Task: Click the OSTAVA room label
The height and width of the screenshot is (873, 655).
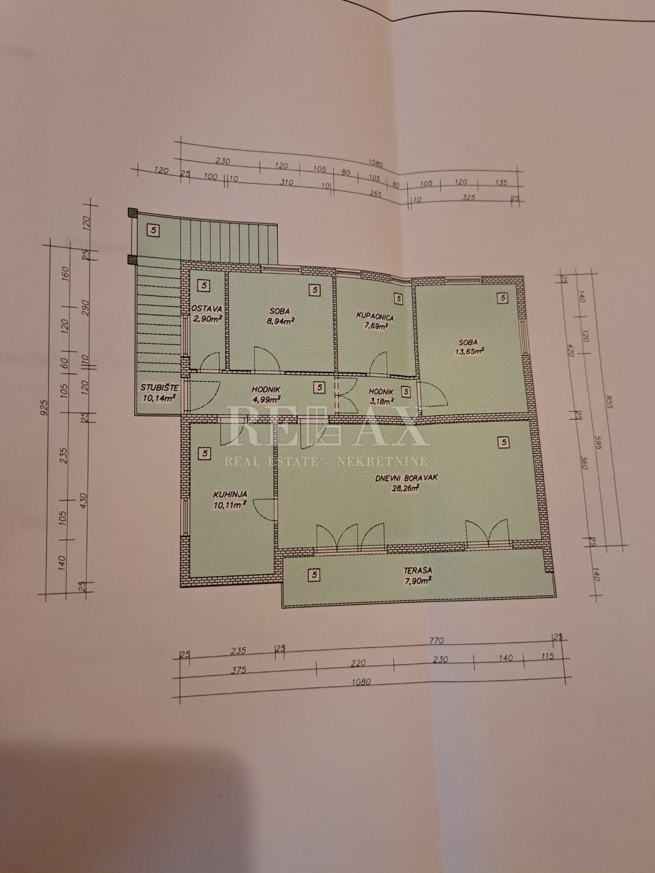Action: pyautogui.click(x=206, y=309)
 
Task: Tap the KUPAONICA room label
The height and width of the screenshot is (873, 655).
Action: pyautogui.click(x=375, y=317)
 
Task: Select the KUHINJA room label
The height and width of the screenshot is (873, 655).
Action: pyautogui.click(x=230, y=494)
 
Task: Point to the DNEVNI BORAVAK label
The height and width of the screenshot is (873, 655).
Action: pyautogui.click(x=407, y=478)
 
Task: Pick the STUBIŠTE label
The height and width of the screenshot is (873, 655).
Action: pyautogui.click(x=159, y=387)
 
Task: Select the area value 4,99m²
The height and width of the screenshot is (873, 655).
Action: pyautogui.click(x=266, y=399)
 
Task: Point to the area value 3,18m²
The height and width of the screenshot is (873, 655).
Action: pyautogui.click(x=380, y=401)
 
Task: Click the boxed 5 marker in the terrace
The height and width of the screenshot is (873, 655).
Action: pyautogui.click(x=314, y=575)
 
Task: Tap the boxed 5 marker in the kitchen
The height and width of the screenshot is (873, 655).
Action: pyautogui.click(x=205, y=453)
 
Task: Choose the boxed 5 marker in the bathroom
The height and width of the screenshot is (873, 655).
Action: pyautogui.click(x=398, y=298)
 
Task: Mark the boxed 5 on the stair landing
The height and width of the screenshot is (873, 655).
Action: pyautogui.click(x=153, y=230)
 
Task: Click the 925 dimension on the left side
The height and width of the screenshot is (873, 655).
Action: pyautogui.click(x=45, y=407)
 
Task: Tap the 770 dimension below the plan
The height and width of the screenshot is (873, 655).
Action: pyautogui.click(x=436, y=641)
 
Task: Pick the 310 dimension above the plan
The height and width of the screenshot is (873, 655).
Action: pyautogui.click(x=287, y=183)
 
